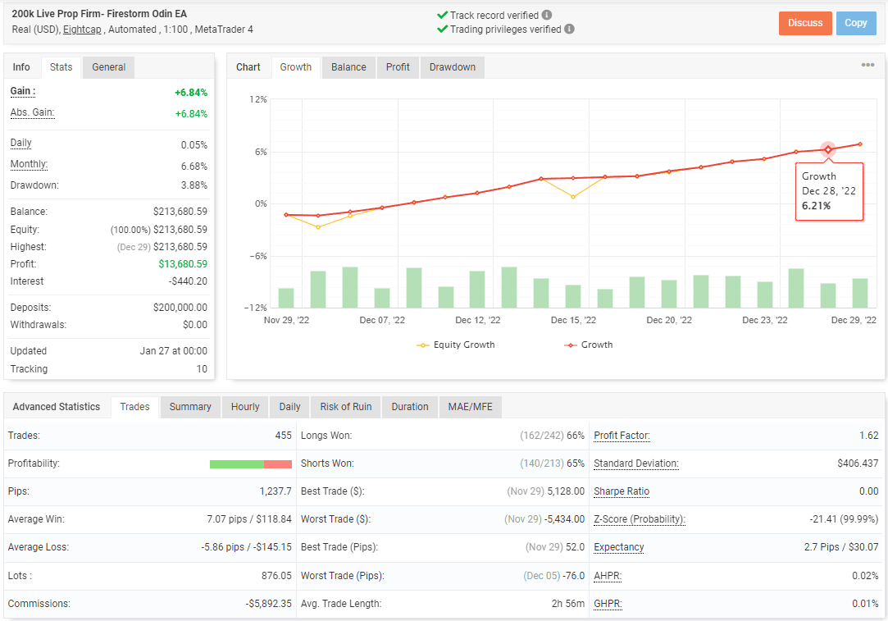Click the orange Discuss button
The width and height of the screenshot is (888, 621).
pyautogui.click(x=805, y=23)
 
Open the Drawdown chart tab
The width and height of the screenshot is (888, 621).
pyautogui.click(x=453, y=67)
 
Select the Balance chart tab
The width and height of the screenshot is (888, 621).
pyautogui.click(x=348, y=67)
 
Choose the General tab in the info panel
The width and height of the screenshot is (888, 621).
pyautogui.click(x=108, y=67)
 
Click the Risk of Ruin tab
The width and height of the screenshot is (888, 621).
pyautogui.click(x=346, y=407)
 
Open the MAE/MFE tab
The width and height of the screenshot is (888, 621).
pyautogui.click(x=470, y=407)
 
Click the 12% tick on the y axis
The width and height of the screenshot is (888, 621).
pyautogui.click(x=258, y=99)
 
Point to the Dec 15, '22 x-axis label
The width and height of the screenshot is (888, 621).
pyautogui.click(x=573, y=320)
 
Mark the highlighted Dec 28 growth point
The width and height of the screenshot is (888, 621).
pyautogui.click(x=828, y=149)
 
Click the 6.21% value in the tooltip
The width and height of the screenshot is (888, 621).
pyautogui.click(x=816, y=206)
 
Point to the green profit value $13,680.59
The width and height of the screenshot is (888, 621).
pyautogui.click(x=183, y=264)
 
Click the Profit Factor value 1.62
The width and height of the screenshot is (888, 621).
pyautogui.click(x=869, y=436)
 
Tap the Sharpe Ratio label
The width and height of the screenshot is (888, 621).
pyautogui.click(x=622, y=491)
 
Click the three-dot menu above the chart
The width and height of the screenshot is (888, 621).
pyautogui.click(x=868, y=66)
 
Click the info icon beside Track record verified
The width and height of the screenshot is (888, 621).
pyautogui.click(x=547, y=15)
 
